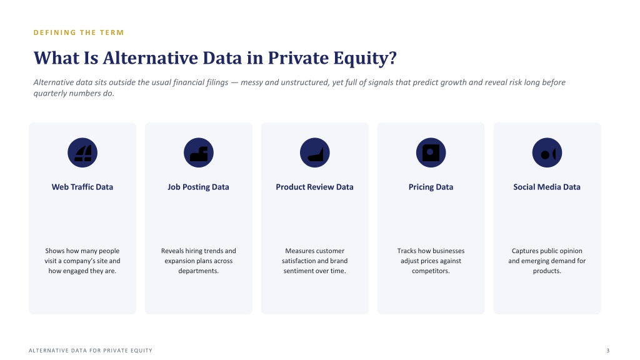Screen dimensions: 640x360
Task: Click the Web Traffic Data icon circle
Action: coord(82,152)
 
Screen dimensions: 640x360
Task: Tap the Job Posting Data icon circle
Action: coord(199,152)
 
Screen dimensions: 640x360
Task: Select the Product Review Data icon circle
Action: coord(315,152)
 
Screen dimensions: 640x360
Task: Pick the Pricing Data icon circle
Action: coord(431,152)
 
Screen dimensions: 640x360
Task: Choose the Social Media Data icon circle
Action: coord(547,152)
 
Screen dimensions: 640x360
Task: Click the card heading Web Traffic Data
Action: coord(82,187)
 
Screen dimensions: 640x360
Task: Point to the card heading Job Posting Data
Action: coord(198,187)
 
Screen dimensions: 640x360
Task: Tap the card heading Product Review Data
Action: coord(315,187)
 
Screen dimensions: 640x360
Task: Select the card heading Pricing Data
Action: coord(431,187)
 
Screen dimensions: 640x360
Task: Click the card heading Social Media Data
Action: coord(547,187)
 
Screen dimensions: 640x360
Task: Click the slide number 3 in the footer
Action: coord(607,351)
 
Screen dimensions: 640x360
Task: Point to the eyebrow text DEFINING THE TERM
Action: coord(79,32)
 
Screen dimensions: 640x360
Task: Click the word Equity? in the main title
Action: coord(365,58)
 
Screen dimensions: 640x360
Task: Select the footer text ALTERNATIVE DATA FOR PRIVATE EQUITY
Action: coord(91,351)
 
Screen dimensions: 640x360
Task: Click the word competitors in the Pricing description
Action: coord(430,271)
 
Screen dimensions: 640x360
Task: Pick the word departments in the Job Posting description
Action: coord(198,271)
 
